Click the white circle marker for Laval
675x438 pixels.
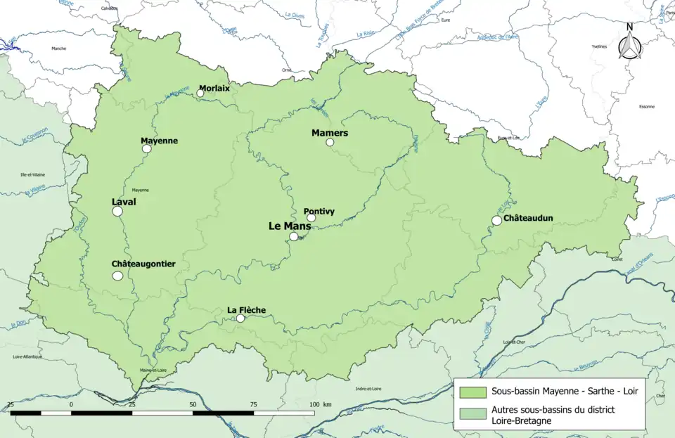coord(117,211)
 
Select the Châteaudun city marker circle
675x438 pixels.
coord(496,220)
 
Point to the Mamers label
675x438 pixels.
coord(330,133)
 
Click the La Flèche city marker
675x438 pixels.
coord(240,318)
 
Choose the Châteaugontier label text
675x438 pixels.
coord(143,264)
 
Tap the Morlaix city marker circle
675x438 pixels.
coord(200,93)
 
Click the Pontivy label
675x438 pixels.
coord(319,211)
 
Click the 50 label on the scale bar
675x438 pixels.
coord(193,405)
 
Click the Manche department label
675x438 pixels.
coord(58,48)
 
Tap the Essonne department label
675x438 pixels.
coord(646,106)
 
